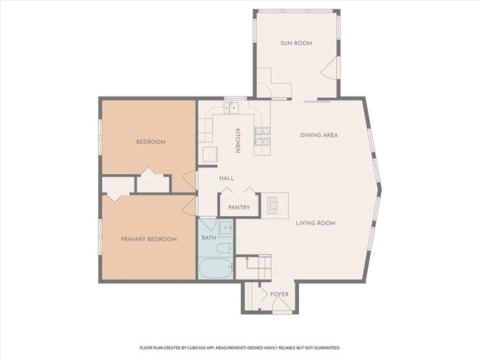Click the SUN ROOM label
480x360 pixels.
click(296, 44)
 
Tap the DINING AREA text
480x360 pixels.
click(319, 135)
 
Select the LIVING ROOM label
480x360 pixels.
click(316, 223)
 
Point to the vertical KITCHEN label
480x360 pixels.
click(238, 140)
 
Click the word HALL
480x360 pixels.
click(227, 178)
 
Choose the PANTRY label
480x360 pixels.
click(239, 207)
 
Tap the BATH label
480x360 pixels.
click(209, 238)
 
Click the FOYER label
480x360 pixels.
click(279, 294)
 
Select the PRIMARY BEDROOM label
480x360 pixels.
click(149, 239)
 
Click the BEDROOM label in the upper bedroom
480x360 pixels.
click(150, 142)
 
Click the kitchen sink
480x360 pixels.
click(231, 108)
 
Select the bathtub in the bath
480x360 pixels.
click(216, 266)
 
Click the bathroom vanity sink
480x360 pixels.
click(226, 229)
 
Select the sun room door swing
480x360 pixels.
click(329, 71)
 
